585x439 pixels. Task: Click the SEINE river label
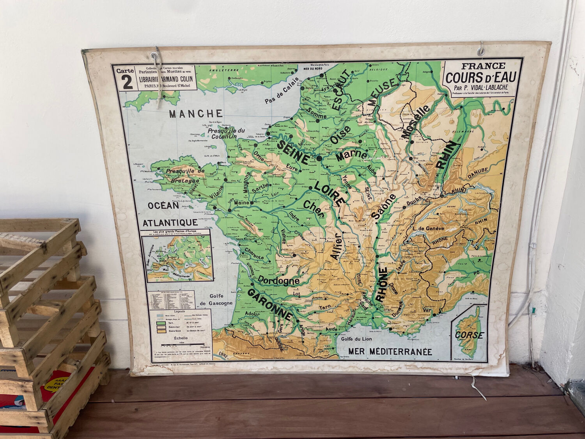293,152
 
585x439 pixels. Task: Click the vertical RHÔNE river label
382,284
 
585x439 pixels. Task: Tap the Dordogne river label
278,281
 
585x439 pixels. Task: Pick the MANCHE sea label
196,114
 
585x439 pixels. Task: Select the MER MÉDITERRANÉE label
390,352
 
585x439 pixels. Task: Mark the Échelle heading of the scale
180,339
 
